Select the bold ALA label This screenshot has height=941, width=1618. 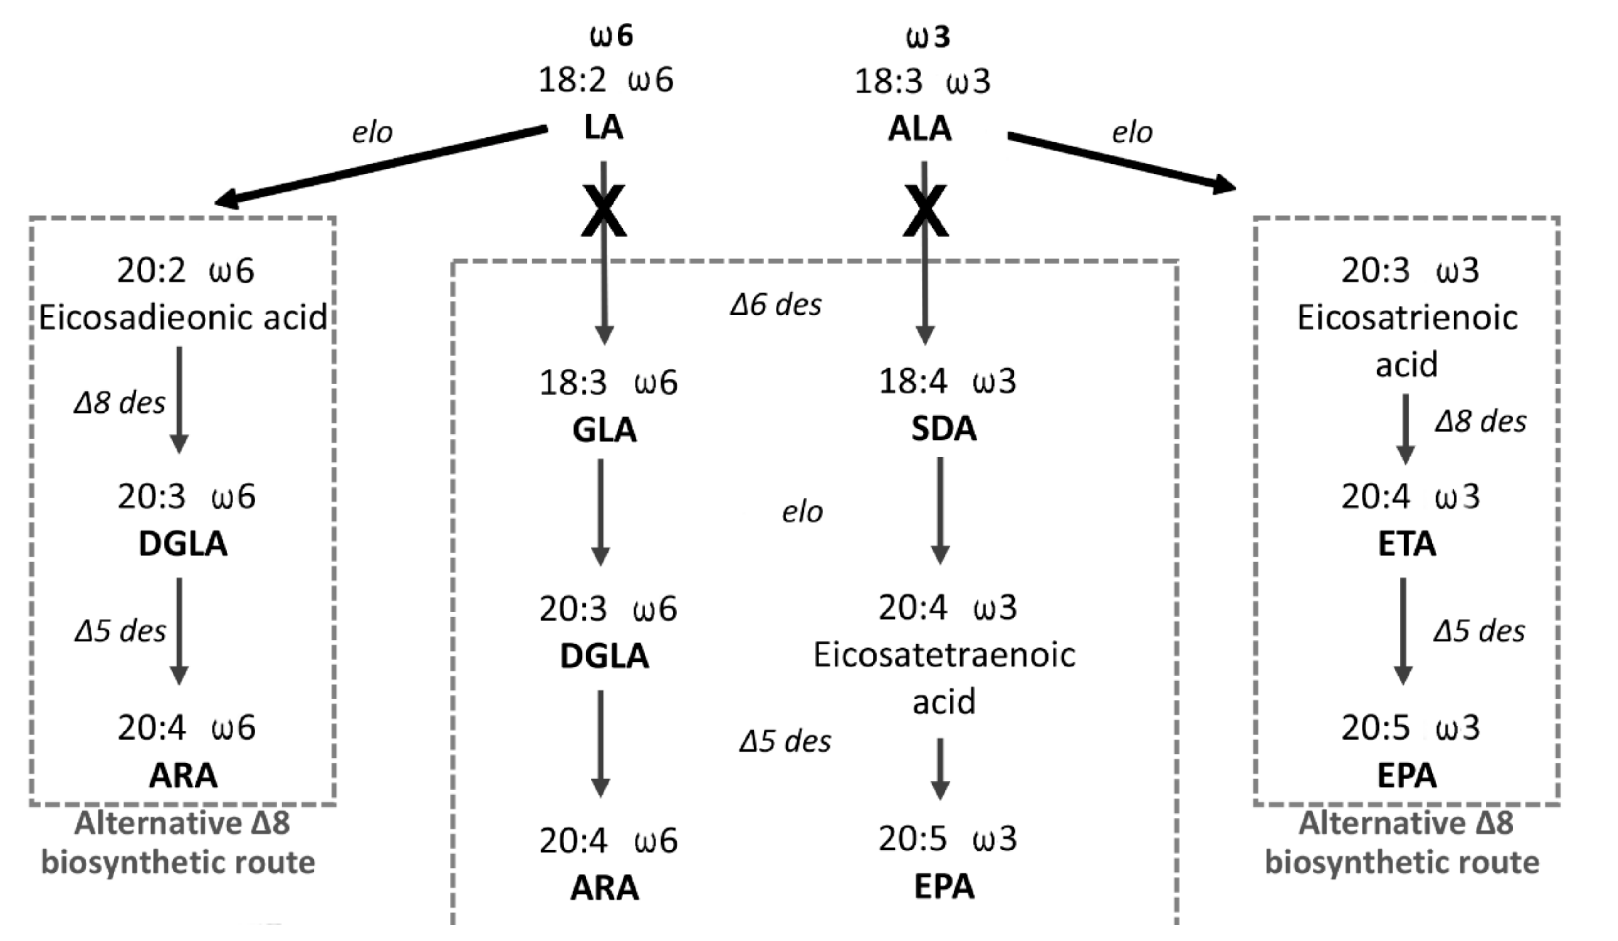click(919, 129)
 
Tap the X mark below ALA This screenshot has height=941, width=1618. click(925, 210)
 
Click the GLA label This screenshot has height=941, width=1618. click(604, 429)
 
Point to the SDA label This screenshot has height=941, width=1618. click(943, 429)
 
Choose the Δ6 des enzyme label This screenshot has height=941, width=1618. click(775, 305)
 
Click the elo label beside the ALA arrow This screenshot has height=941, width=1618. click(1132, 133)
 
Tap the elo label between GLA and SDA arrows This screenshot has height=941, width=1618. click(802, 512)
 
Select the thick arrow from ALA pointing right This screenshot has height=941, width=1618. click(1120, 162)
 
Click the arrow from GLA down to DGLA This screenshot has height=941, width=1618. click(600, 511)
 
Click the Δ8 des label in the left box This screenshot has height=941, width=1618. click(119, 403)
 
